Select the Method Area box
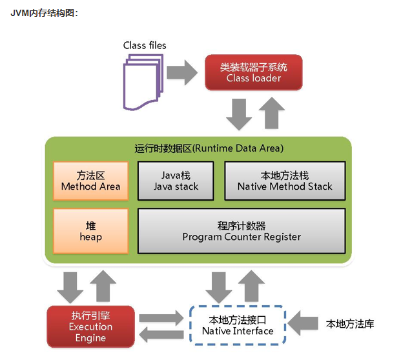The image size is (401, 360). click(x=90, y=181)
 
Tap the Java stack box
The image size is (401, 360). click(x=176, y=181)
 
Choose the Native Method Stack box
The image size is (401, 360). click(x=284, y=181)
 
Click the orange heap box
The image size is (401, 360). click(x=90, y=231)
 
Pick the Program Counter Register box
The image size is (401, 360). click(x=242, y=231)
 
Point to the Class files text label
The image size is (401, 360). click(x=145, y=45)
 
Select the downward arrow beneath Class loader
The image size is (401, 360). click(x=238, y=114)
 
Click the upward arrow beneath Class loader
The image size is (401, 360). click(x=269, y=114)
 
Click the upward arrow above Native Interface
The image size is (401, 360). click(x=252, y=286)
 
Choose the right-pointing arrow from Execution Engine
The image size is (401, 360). click(x=159, y=318)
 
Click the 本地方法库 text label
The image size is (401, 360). click(x=350, y=324)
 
